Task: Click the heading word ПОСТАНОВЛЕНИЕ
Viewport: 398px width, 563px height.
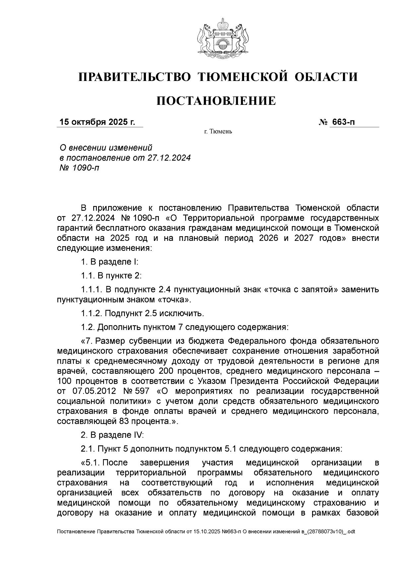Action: [216, 101]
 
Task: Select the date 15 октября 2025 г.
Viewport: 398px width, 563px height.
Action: [97, 122]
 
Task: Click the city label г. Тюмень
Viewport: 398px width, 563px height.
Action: [218, 132]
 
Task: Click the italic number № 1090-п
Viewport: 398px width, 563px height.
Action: [79, 168]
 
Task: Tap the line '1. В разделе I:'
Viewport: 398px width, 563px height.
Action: [109, 262]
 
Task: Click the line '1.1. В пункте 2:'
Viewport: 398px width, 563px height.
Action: [111, 276]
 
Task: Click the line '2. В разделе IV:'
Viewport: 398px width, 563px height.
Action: [112, 435]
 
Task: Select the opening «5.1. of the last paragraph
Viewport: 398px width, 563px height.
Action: [91, 463]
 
